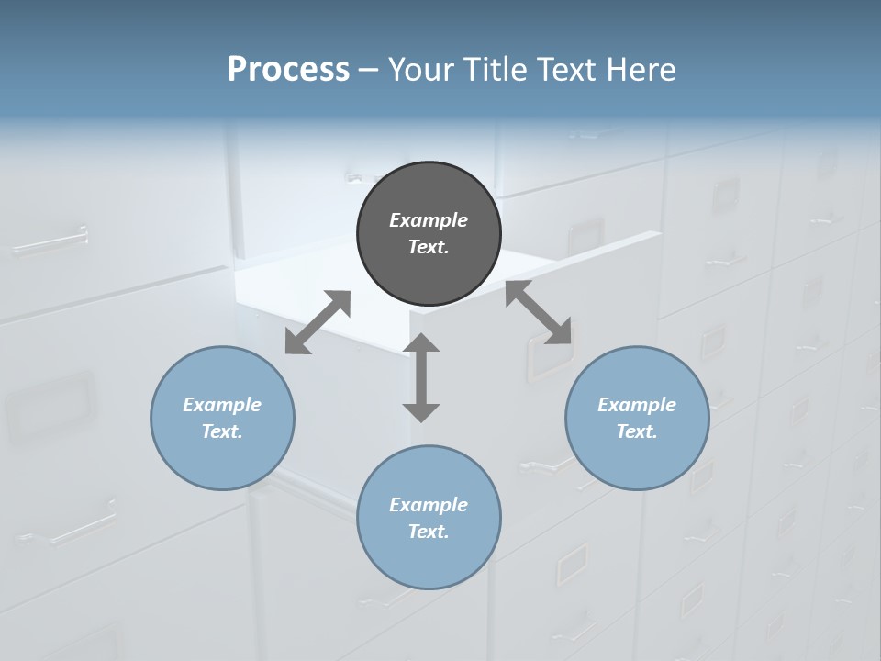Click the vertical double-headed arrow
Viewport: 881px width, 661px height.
421,378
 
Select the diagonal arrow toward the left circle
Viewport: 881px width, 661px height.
318,322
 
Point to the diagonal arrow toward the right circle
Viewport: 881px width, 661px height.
539,313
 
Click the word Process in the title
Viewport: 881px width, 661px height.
288,69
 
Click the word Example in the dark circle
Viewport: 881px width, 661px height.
429,220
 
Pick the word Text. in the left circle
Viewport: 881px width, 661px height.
222,431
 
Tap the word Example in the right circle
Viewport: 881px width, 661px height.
637,405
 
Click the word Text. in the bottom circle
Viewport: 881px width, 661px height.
429,532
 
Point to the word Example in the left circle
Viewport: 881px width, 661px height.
222,405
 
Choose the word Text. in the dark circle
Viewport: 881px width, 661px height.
429,247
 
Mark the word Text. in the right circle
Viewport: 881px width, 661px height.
637,431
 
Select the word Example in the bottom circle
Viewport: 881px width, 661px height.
429,505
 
